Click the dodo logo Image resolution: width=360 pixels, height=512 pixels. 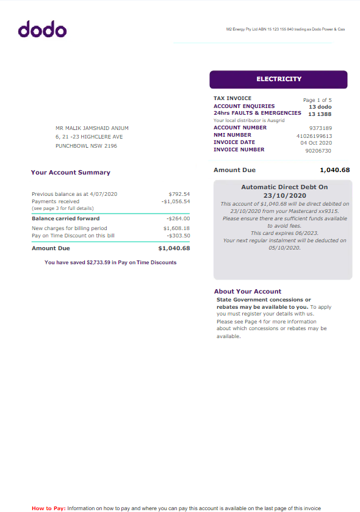click(42, 29)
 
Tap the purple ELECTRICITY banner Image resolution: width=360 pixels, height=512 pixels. click(278, 79)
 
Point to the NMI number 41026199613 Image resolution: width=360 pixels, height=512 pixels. click(314, 135)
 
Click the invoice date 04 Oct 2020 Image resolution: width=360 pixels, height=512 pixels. click(316, 143)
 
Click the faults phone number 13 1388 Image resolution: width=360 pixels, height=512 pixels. click(320, 114)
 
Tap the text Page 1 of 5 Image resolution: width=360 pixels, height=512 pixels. click(317, 99)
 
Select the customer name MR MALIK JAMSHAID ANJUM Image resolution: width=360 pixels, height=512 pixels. click(92, 128)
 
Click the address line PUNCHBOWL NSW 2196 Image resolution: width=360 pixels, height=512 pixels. click(86, 146)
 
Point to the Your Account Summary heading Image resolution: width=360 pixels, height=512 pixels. click(70, 173)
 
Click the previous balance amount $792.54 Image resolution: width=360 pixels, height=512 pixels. click(179, 194)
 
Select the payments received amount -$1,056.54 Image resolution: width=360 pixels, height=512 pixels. click(176, 201)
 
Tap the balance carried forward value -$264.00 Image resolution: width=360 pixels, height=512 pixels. click(178, 218)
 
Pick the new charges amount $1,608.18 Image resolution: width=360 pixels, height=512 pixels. click(177, 228)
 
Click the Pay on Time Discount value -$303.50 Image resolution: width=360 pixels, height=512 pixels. click(178, 236)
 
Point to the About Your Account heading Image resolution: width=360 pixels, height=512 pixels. click(248, 292)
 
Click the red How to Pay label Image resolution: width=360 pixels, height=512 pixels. click(48, 508)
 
